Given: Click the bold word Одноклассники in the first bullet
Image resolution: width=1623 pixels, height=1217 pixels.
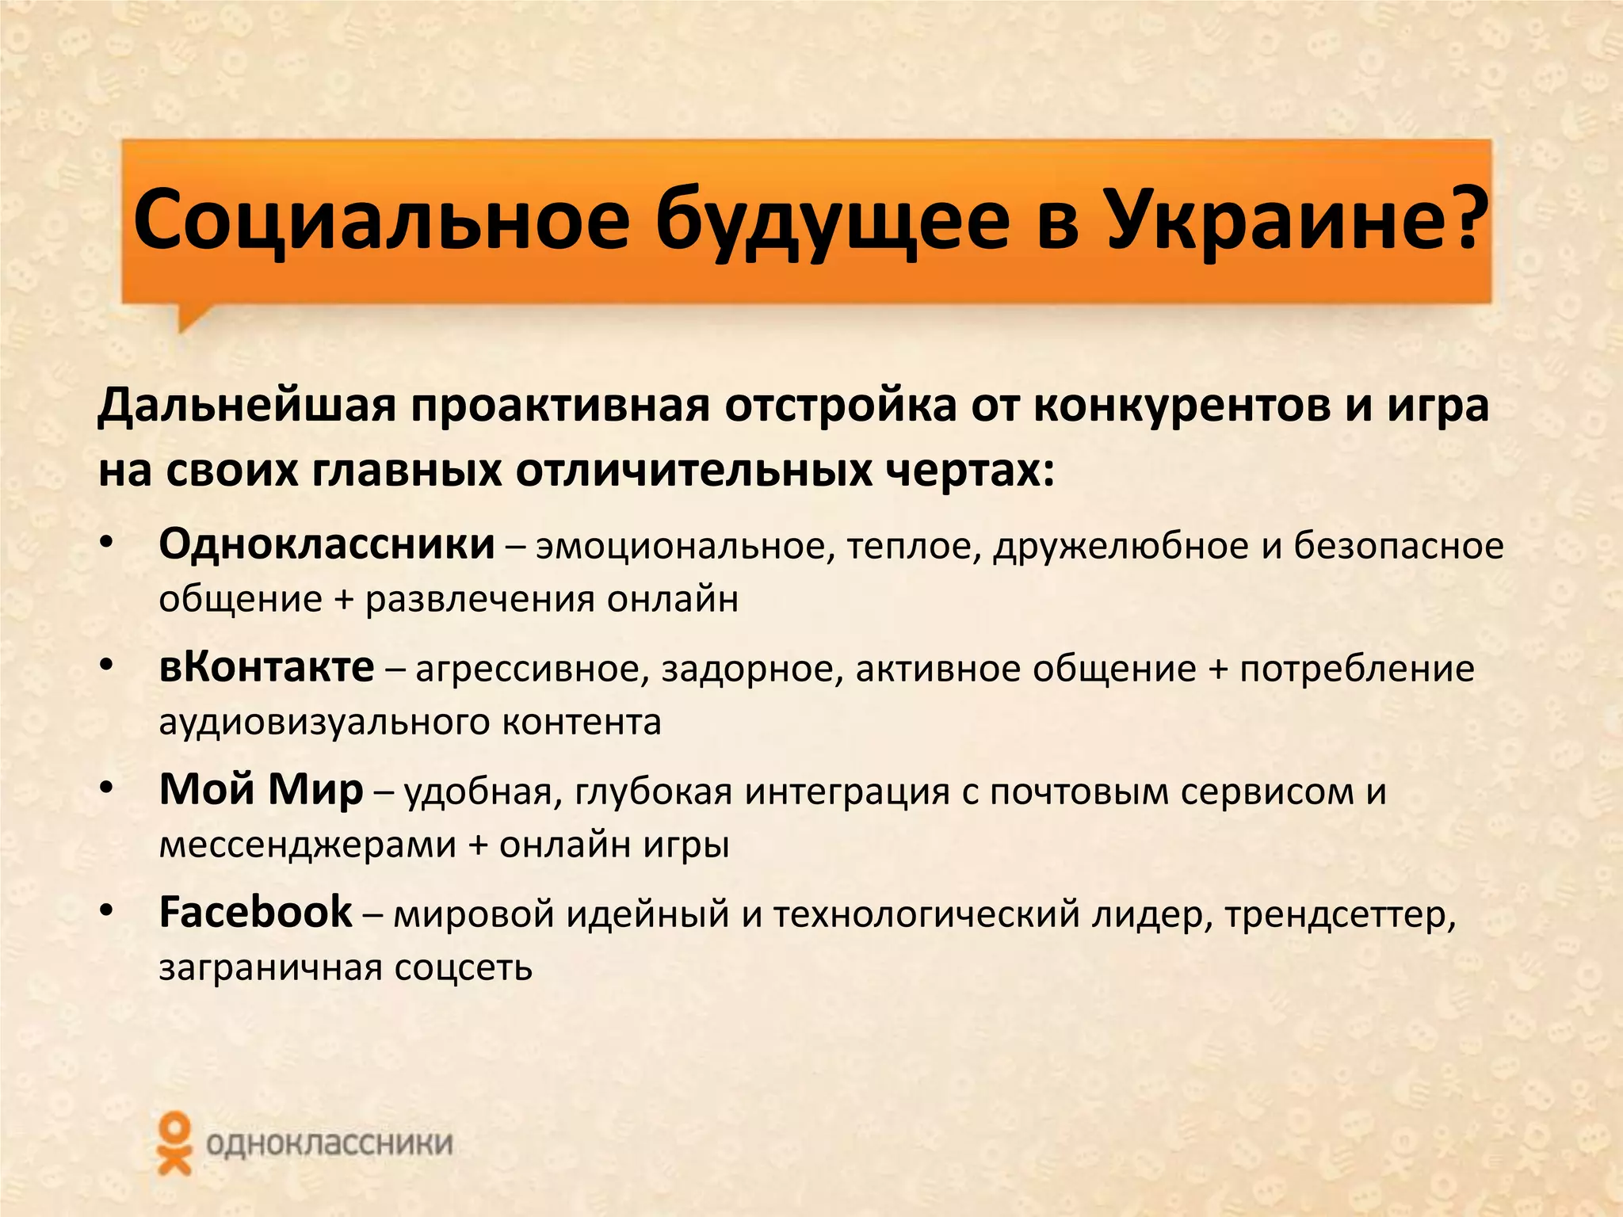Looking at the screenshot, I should tap(327, 545).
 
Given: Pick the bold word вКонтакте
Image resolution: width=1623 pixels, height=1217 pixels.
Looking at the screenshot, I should tap(266, 668).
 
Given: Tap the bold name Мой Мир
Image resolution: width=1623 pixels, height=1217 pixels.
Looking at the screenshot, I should tap(261, 790).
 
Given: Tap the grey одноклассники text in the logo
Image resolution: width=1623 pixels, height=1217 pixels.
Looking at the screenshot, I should tap(329, 1144).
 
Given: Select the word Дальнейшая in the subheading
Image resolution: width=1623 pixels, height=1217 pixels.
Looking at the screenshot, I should tap(246, 406).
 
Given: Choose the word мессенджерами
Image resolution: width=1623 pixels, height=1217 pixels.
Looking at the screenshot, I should tap(307, 845).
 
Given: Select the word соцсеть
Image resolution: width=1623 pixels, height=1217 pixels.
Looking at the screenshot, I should tap(463, 968).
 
